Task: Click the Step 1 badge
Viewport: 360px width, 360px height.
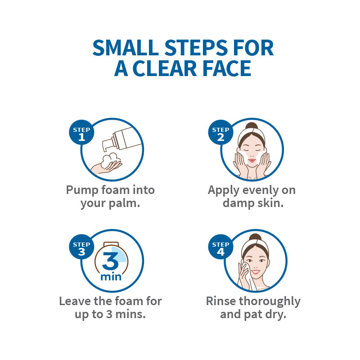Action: pos(81,132)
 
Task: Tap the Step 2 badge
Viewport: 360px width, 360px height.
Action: pos(220,132)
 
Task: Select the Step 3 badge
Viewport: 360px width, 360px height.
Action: pos(81,247)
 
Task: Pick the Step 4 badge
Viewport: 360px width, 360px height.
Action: pos(220,247)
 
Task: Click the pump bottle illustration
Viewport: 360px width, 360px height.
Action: pos(121,139)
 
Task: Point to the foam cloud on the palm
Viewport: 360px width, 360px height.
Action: pos(110,160)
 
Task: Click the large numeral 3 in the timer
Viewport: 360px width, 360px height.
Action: pos(110,261)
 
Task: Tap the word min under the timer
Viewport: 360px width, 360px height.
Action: pos(111,277)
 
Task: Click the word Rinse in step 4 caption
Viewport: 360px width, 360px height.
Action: pos(221,301)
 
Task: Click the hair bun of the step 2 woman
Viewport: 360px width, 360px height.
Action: pos(252,126)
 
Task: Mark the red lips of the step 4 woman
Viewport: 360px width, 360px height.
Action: pos(255,272)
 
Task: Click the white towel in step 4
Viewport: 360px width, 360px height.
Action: pos(247,275)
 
